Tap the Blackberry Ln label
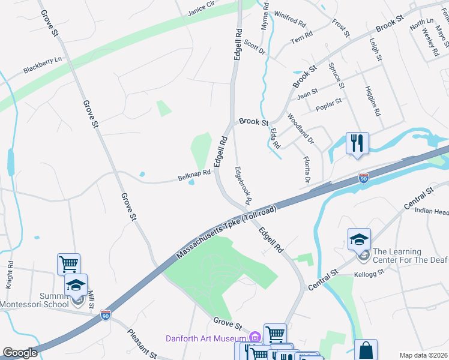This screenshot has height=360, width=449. (x=43, y=65)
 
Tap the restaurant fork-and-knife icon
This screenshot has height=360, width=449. (x=357, y=143)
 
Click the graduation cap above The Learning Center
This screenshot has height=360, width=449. (x=359, y=239)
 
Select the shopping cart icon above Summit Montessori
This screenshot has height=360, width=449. (x=69, y=264)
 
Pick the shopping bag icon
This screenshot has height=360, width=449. (x=366, y=350)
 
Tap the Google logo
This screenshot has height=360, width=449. (x=20, y=353)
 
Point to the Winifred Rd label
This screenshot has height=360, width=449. (x=290, y=20)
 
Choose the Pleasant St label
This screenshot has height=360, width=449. (x=143, y=344)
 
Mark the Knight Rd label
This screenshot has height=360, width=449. (x=9, y=275)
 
